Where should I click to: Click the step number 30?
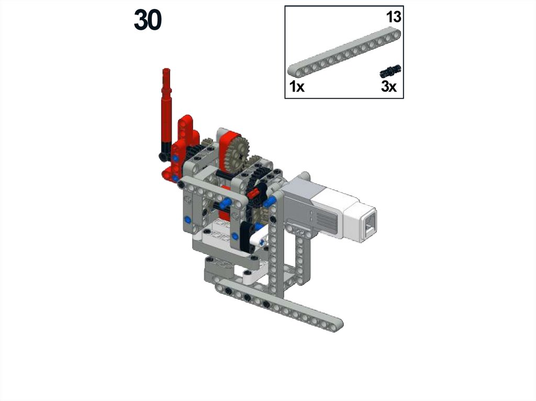148,20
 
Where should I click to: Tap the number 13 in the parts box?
394,17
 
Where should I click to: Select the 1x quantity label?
297,87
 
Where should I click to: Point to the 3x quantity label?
389,87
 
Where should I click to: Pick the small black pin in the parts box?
390,71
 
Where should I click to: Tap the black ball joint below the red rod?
163,156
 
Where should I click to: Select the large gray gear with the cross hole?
239,152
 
